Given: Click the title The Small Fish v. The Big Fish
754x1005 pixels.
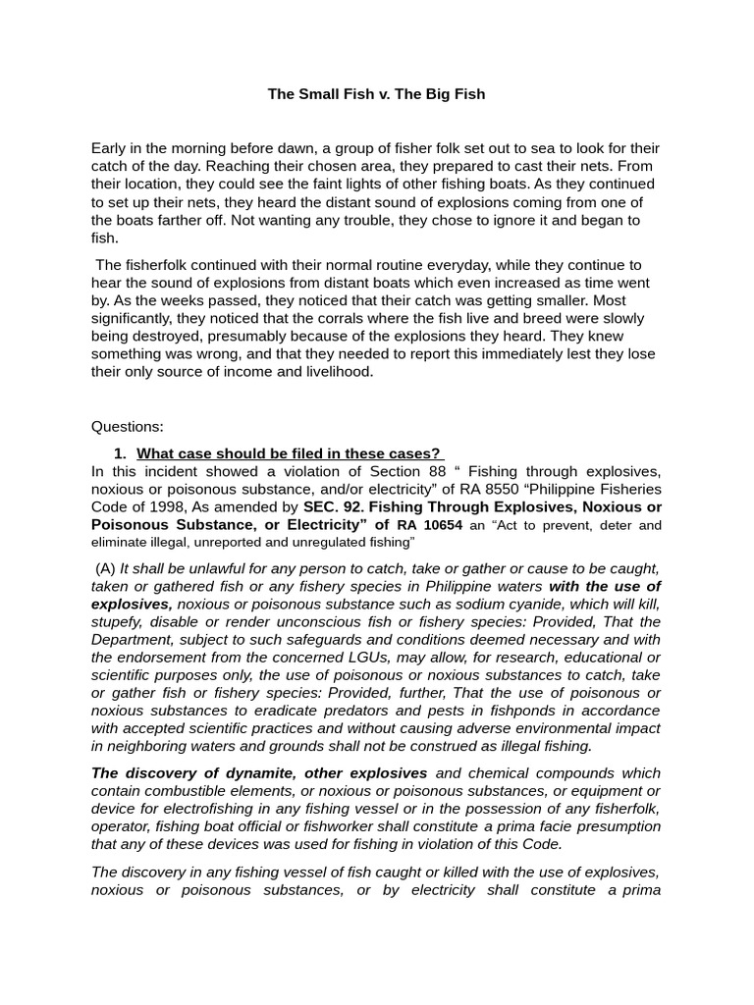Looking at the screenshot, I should click(377, 94).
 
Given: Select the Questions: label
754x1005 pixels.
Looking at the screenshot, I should click(128, 427).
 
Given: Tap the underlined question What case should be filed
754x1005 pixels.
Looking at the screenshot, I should click(290, 453).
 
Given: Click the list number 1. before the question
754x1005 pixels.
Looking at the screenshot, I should click(120, 453).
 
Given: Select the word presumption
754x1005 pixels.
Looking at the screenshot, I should click(607, 826).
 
